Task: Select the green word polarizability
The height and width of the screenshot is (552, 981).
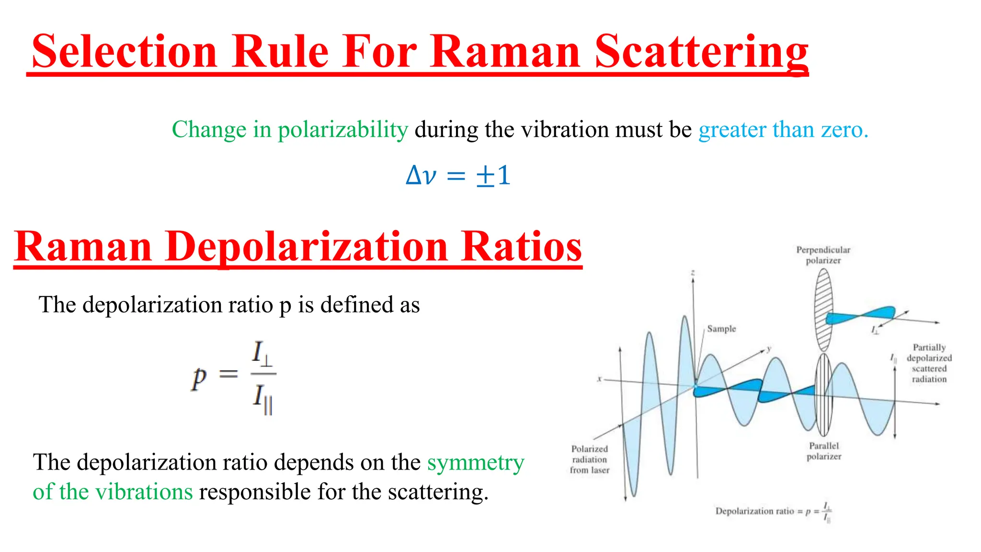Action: click(x=342, y=129)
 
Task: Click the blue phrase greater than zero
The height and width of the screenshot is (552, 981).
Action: click(x=783, y=129)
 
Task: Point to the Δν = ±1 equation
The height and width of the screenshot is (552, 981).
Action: click(x=457, y=175)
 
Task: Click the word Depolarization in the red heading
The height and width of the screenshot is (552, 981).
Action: click(x=307, y=247)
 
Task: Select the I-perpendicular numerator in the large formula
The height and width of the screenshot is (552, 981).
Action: click(x=262, y=354)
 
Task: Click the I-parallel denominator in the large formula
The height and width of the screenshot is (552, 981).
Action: click(x=262, y=398)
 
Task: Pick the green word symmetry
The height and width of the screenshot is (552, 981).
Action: click(x=475, y=462)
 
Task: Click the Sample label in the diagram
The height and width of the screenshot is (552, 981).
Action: click(x=721, y=329)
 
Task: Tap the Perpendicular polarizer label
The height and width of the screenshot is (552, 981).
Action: click(x=823, y=255)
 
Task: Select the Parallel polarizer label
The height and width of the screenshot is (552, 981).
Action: click(x=823, y=451)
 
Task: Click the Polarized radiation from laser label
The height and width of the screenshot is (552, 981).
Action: click(x=589, y=459)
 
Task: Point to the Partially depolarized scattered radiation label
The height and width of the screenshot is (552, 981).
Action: click(x=929, y=363)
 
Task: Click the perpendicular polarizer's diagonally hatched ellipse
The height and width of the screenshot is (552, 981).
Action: click(x=823, y=310)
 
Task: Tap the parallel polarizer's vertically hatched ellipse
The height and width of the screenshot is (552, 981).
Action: click(x=823, y=394)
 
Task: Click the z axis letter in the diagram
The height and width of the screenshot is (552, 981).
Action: click(x=693, y=273)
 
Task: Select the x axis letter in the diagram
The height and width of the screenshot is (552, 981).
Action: click(x=599, y=379)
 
